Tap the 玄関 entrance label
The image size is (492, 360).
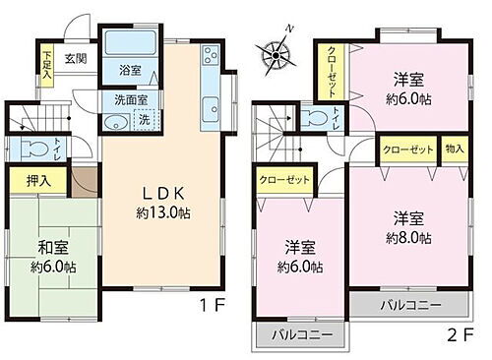pos(76,58)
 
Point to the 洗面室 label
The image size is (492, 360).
pos(128,99)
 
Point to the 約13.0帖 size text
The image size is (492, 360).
pos(161,211)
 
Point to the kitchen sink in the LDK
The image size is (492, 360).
pos(210,107)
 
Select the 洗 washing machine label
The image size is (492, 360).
pos(143,120)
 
